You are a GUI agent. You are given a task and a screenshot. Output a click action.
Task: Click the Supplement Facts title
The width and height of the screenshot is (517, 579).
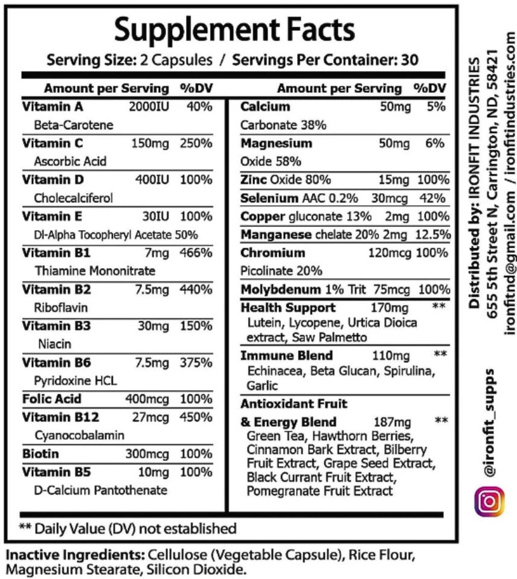click(234, 30)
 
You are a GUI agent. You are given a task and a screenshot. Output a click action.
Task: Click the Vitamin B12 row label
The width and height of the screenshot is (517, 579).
click(52, 417)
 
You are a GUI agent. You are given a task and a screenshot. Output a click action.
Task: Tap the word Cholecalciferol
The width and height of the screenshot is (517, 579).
click(73, 197)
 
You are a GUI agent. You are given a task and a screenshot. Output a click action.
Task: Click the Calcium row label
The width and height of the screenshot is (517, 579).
click(265, 107)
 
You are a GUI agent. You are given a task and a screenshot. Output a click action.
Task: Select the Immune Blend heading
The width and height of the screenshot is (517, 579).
click(286, 356)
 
